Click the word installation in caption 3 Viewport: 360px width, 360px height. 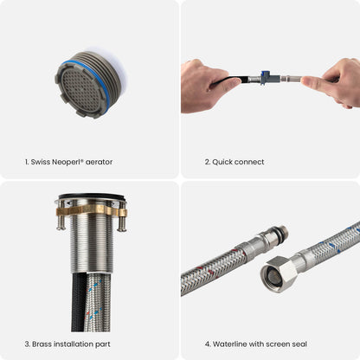(x=74, y=344)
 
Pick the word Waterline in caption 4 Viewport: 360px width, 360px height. (x=228, y=344)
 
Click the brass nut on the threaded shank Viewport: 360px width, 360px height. (x=91, y=210)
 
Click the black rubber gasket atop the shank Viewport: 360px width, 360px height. (x=92, y=197)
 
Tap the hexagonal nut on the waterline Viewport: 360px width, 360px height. (x=279, y=273)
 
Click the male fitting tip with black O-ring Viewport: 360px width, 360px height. (x=279, y=235)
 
